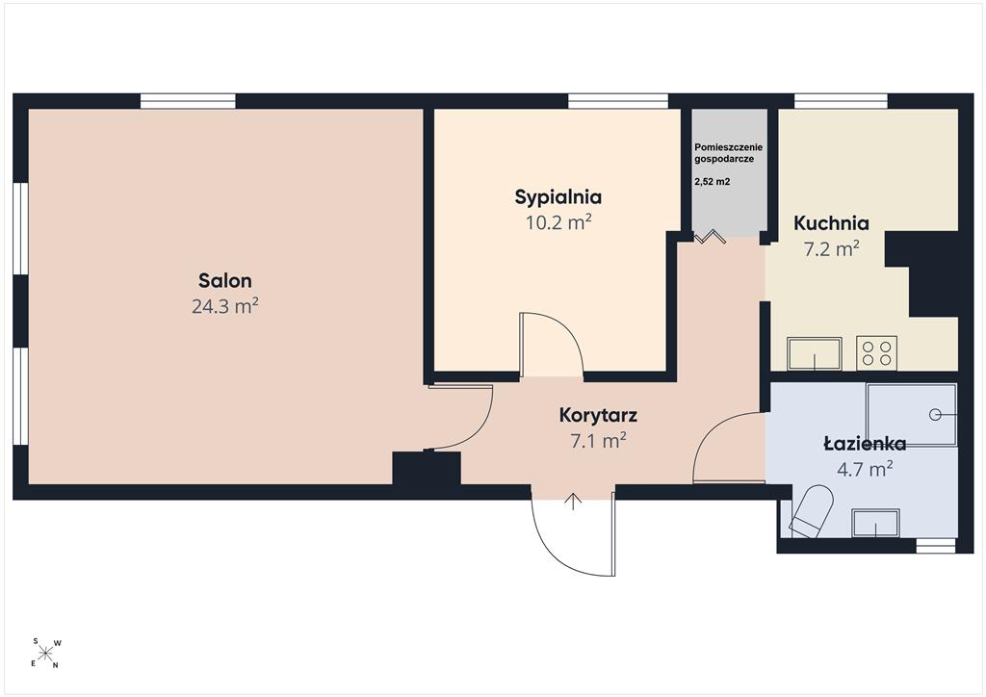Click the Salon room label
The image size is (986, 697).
pyautogui.click(x=224, y=280)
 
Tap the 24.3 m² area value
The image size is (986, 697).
pyautogui.click(x=225, y=306)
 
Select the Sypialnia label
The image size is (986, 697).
pyautogui.click(x=558, y=197)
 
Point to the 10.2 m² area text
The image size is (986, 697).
pyautogui.click(x=558, y=222)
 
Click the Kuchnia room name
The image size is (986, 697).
pyautogui.click(x=831, y=223)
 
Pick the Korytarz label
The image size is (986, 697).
pyautogui.click(x=598, y=416)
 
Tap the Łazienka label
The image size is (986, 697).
pyautogui.click(x=865, y=444)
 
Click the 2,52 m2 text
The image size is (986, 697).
pyautogui.click(x=712, y=182)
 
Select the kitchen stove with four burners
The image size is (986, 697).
pyautogui.click(x=876, y=353)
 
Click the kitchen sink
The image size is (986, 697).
pyautogui.click(x=815, y=354)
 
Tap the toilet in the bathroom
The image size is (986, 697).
pyautogui.click(x=811, y=511)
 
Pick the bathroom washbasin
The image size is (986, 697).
pyautogui.click(x=875, y=524)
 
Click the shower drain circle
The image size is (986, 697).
pyautogui.click(x=935, y=415)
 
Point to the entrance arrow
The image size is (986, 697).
pyautogui.click(x=573, y=501)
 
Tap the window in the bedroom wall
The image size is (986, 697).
pyautogui.click(x=617, y=101)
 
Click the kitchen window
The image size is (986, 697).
pyautogui.click(x=841, y=101)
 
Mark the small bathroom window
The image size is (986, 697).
pyautogui.click(x=935, y=546)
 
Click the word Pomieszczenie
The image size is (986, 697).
pyautogui.click(x=728, y=147)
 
